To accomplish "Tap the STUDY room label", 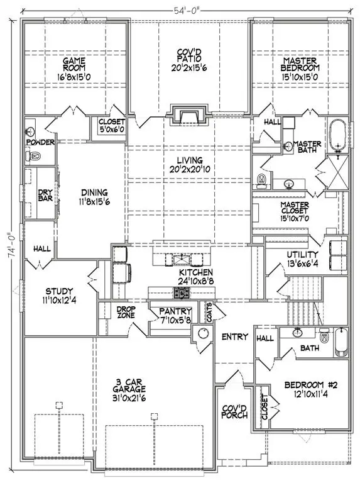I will (59, 296).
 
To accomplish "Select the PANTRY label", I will (170, 315).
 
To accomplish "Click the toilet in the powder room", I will (35, 156).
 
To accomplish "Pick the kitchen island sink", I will (180, 260).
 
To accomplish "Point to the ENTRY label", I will (235, 337).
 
